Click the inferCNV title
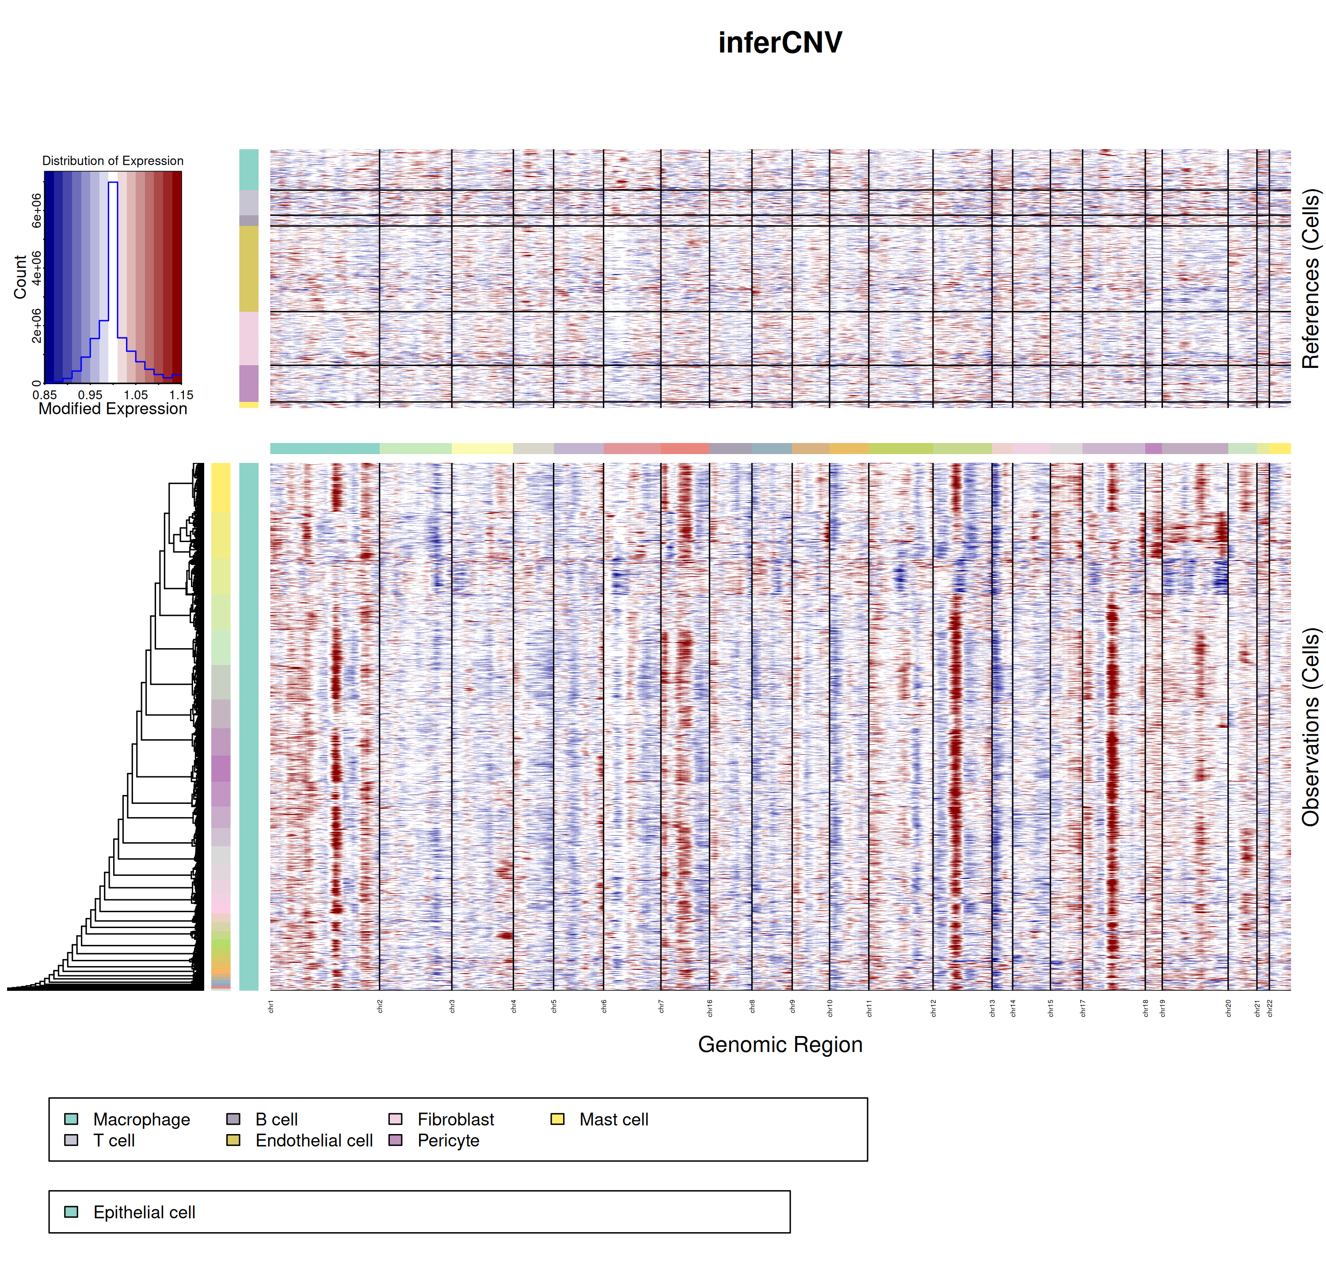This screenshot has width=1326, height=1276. (780, 42)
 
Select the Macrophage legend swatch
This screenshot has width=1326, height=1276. (71, 1119)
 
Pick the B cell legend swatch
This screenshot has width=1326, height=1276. (233, 1119)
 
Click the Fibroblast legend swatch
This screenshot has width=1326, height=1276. (396, 1119)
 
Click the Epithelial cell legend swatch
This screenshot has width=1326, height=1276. (71, 1212)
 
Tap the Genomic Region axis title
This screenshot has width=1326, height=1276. (780, 1045)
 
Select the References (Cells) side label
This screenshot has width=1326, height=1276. (1311, 279)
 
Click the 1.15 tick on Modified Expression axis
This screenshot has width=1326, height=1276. (181, 395)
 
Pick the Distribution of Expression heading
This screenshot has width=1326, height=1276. (113, 161)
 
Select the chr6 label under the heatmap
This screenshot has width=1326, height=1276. (604, 1007)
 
